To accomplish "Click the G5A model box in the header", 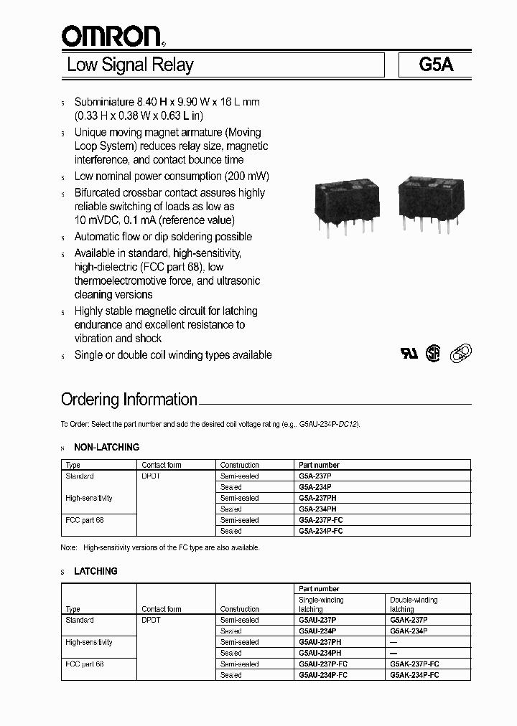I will point(436,65).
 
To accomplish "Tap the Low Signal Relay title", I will point(130,65).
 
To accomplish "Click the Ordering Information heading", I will point(129,400).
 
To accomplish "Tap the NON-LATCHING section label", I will point(106,448).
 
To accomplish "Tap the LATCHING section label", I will point(96,572).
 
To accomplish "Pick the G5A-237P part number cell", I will point(315,476).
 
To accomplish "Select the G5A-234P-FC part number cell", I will point(320,532).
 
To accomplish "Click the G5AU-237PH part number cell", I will point(320,643).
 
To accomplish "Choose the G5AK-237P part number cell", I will point(409,621).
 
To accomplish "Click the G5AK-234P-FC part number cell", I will point(414,676).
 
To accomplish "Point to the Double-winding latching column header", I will point(414,604).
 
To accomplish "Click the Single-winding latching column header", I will point(321,604).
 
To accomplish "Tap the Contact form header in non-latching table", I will point(162,466).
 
